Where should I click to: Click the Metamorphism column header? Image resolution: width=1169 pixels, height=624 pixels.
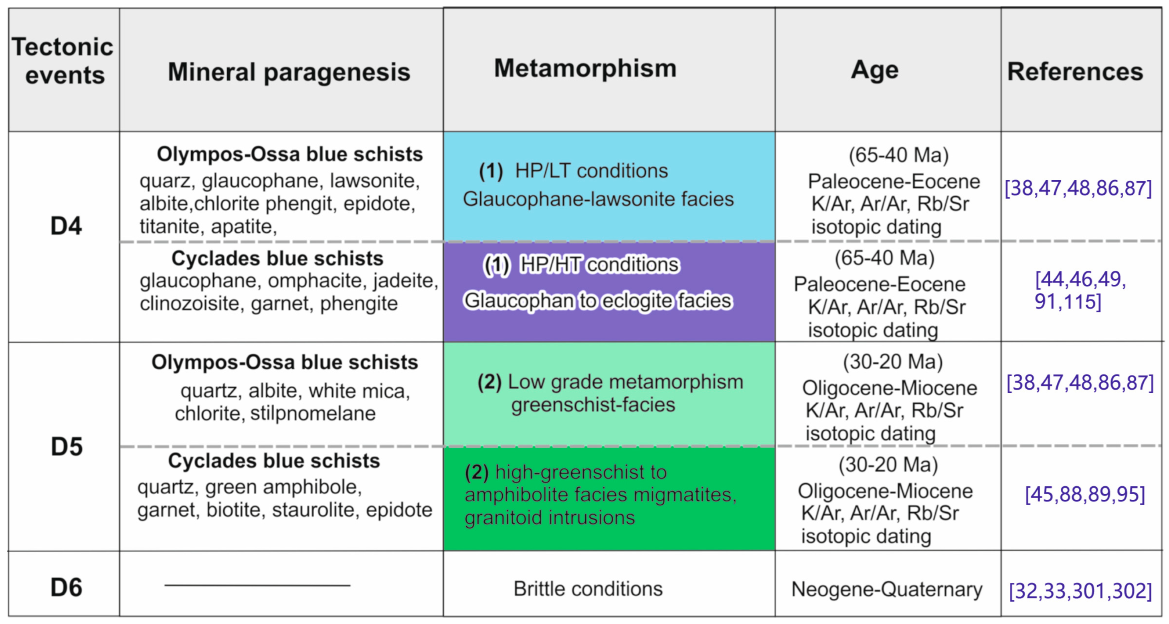(x=585, y=68)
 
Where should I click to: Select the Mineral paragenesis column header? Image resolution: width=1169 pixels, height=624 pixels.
(x=289, y=72)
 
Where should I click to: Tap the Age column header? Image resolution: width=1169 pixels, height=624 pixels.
(x=874, y=70)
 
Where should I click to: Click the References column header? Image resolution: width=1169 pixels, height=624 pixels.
(x=1075, y=72)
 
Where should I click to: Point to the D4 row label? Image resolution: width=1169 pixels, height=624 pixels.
(x=66, y=226)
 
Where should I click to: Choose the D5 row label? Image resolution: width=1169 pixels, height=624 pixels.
(x=66, y=447)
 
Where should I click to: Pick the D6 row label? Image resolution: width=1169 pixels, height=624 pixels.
(x=66, y=588)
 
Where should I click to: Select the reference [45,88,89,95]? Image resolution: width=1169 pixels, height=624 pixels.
(x=1084, y=494)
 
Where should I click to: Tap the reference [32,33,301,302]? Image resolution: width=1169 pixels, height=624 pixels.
(x=1080, y=591)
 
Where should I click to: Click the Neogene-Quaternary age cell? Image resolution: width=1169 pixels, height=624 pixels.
(x=886, y=590)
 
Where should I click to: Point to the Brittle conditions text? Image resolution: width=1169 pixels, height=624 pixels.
(x=588, y=589)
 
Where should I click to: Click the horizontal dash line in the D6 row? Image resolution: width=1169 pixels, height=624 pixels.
(x=257, y=586)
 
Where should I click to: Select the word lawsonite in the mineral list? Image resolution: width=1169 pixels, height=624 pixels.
(x=374, y=181)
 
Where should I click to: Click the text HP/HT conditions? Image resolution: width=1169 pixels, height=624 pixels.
(x=599, y=264)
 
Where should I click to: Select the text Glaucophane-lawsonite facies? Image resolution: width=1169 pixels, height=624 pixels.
(x=598, y=199)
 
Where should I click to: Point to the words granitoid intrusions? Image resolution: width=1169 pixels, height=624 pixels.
(x=549, y=518)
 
